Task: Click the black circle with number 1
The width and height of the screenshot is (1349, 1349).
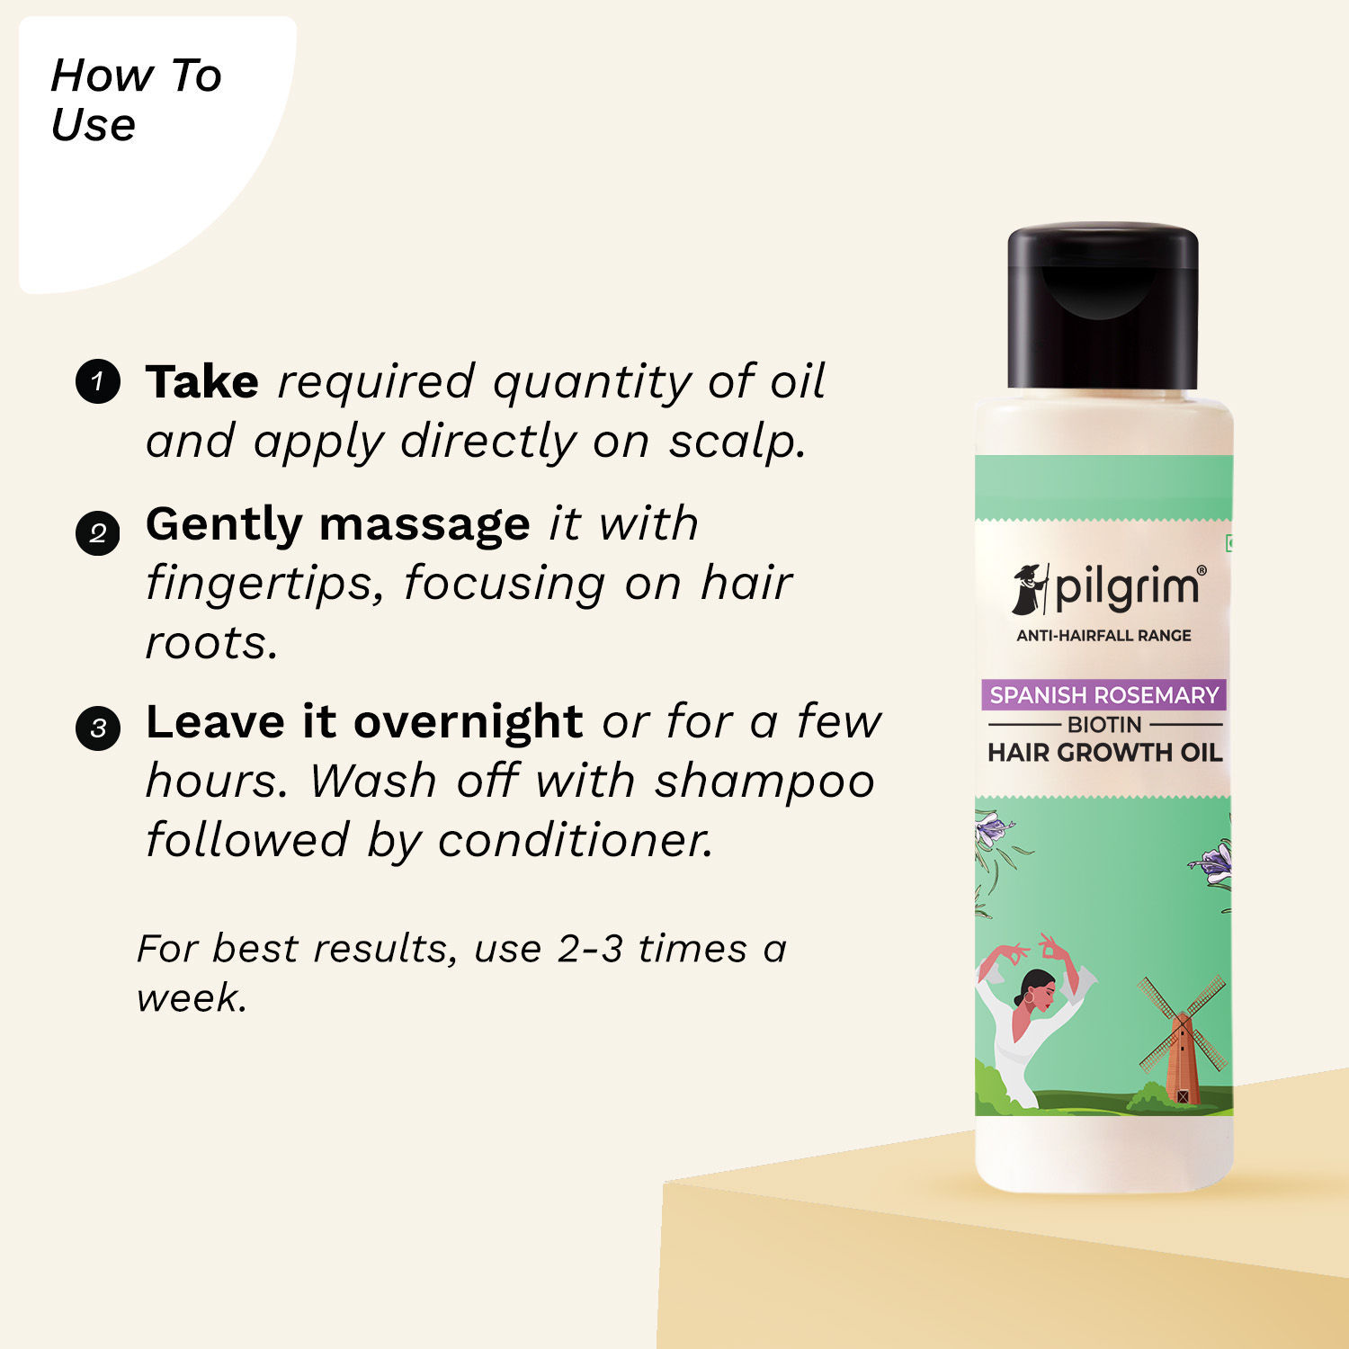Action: click(98, 381)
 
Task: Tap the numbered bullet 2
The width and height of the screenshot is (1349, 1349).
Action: click(98, 533)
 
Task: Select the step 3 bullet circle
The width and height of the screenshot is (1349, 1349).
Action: click(98, 728)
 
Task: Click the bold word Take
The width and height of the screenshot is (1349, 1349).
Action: click(202, 381)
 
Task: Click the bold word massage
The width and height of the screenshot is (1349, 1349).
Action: click(424, 524)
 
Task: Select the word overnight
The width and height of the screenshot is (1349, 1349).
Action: click(468, 721)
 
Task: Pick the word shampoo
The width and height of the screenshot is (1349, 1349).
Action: click(764, 780)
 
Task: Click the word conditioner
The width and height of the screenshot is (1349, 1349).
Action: click(576, 840)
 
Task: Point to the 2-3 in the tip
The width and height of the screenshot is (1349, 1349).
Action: click(590, 949)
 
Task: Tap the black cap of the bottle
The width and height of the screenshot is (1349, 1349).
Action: click(1103, 306)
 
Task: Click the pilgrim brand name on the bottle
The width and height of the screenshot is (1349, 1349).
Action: click(1127, 588)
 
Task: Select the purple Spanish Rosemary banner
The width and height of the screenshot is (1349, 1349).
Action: click(1103, 695)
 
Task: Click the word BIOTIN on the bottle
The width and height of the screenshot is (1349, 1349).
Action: click(1104, 724)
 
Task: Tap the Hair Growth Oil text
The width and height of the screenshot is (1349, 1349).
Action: click(1104, 753)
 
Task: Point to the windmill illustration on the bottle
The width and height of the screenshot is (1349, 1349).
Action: click(1182, 1039)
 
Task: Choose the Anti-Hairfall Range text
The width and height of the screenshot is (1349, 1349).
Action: click(1103, 636)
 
